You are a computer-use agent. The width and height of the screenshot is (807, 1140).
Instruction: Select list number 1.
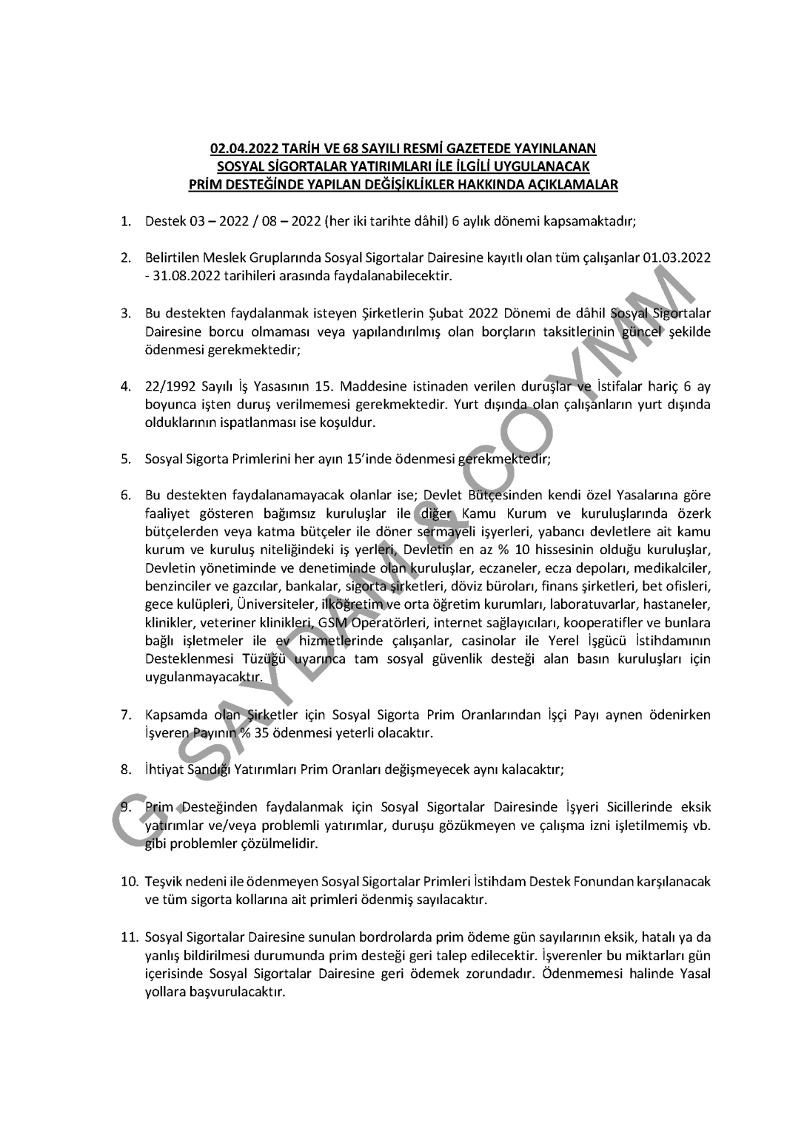(x=126, y=220)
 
